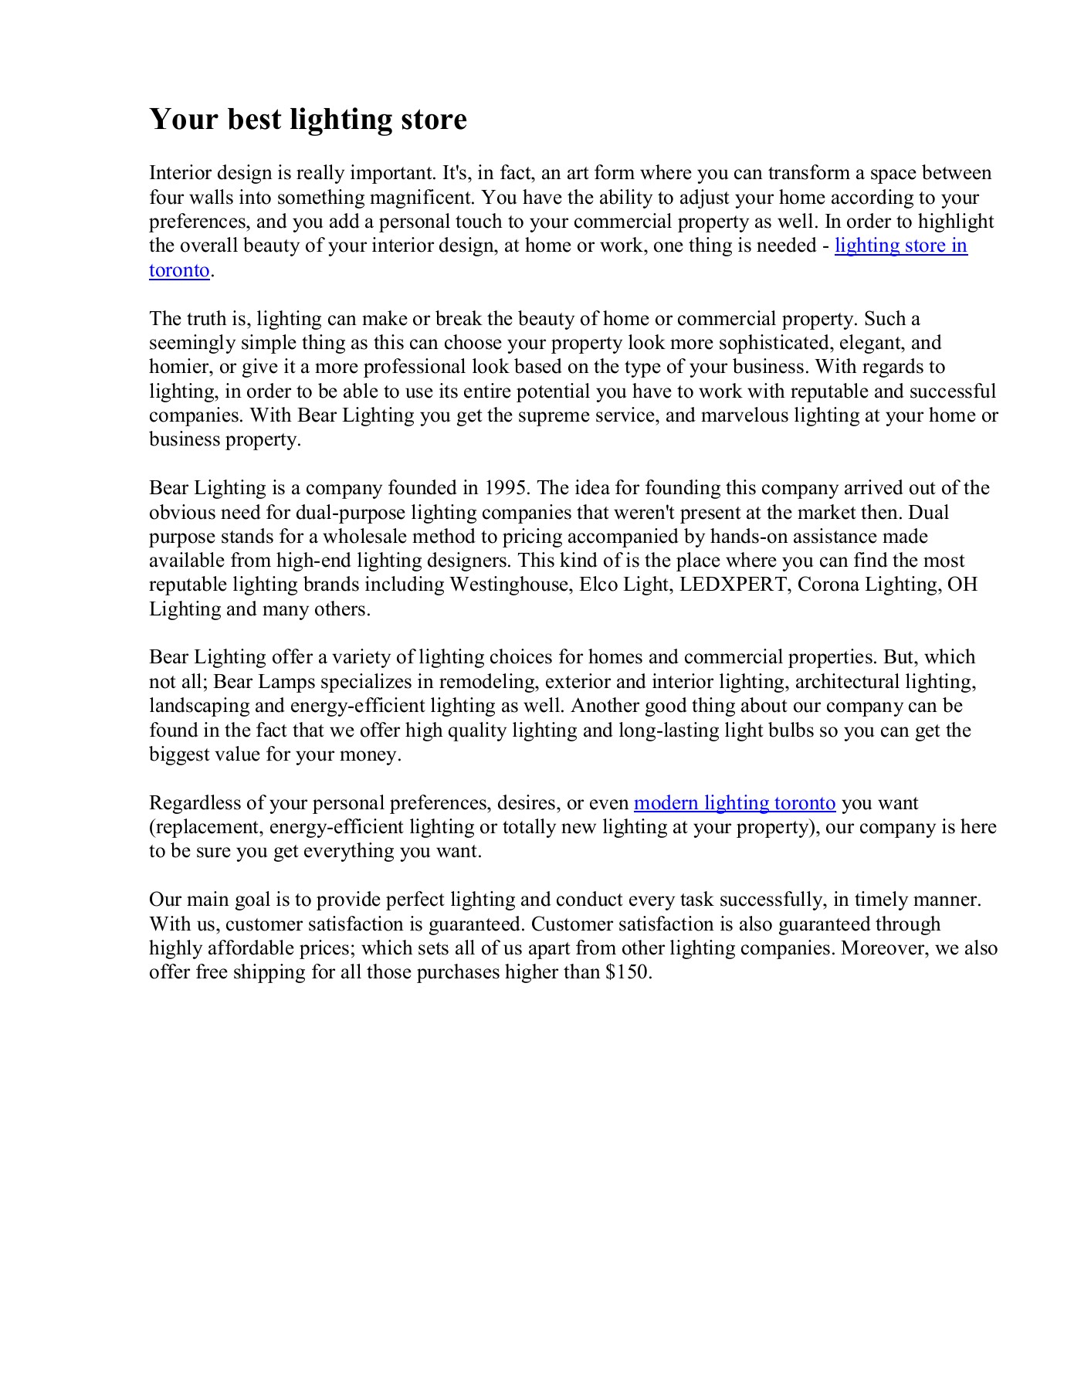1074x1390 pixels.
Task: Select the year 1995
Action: click(x=507, y=488)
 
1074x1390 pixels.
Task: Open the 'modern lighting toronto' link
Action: click(x=734, y=803)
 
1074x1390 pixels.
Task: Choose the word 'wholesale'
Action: click(x=366, y=537)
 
